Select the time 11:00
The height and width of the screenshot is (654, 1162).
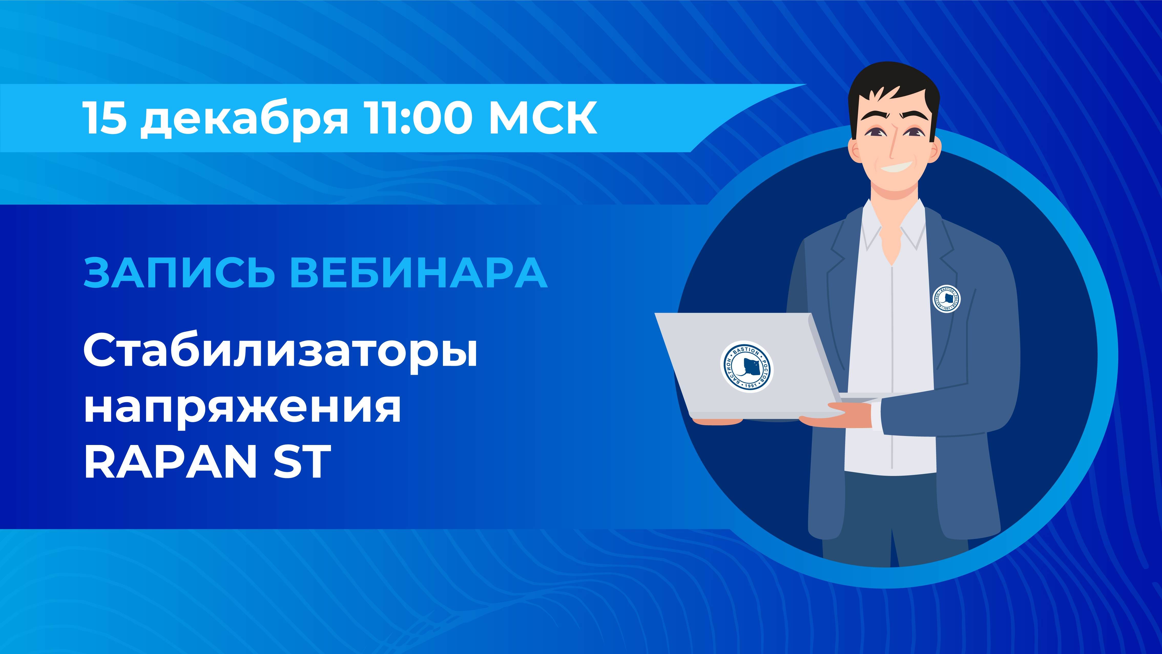(417, 118)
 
